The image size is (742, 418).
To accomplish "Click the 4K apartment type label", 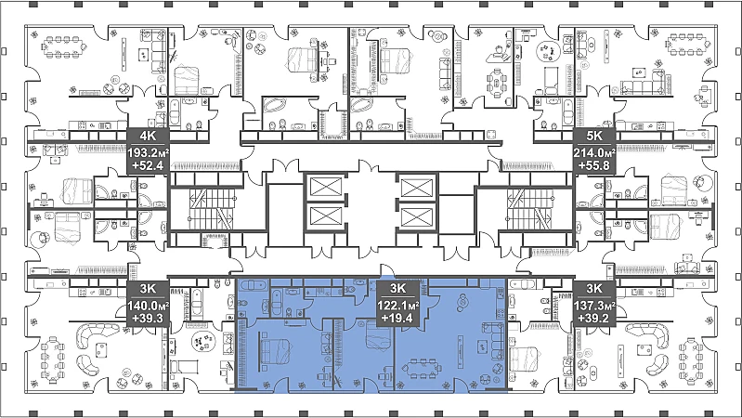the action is [x=148, y=136].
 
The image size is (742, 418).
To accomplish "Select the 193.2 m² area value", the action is [x=148, y=153].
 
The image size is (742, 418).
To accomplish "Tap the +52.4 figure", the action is [x=148, y=165].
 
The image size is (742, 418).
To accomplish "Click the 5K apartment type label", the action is [x=594, y=136].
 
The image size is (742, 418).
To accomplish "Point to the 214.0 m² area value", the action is [x=594, y=153].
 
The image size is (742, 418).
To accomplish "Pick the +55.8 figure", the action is [x=594, y=165].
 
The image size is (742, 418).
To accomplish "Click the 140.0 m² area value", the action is [x=148, y=306].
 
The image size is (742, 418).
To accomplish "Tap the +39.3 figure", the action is [x=148, y=318].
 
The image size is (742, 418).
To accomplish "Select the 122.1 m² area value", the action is [x=398, y=306].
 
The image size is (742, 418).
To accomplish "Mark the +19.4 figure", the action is [x=398, y=318].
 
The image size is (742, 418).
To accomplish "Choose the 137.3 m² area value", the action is [x=594, y=306].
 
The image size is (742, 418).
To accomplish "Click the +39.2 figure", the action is [x=594, y=318].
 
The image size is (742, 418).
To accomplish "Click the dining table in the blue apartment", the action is [x=422, y=368].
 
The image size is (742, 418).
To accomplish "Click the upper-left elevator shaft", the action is [x=325, y=187].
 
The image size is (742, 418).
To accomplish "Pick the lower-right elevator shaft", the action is [x=417, y=217].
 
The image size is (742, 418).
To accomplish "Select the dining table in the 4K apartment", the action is [x=65, y=46].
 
